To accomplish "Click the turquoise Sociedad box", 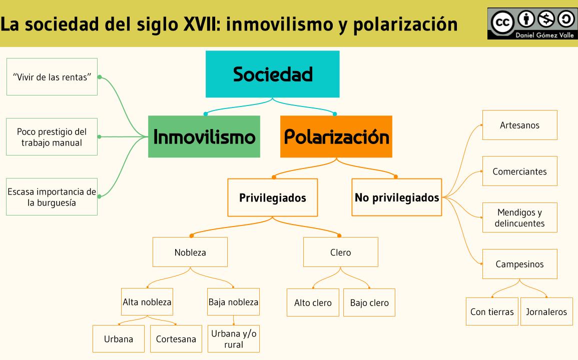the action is point(272,74).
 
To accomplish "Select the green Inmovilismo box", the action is point(204,136).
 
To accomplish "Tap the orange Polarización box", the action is point(336,136).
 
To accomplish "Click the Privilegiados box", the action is point(272,197).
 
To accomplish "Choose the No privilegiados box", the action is point(397,197).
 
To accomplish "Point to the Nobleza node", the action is point(190,252).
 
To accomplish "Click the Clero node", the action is point(341,252).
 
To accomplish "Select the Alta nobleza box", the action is point(147,302).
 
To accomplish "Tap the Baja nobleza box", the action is point(233,302).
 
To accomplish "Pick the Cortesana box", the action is point(176,339).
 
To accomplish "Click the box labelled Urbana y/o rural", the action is point(233,339).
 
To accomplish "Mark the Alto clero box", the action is point(313,302).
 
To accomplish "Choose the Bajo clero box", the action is point(369,302).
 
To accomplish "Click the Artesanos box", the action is point(519,125).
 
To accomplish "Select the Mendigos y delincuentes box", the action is point(519,217).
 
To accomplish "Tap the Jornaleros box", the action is point(546,311).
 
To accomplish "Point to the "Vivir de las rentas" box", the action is point(52,77).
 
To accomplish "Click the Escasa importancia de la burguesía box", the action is point(52,197).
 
